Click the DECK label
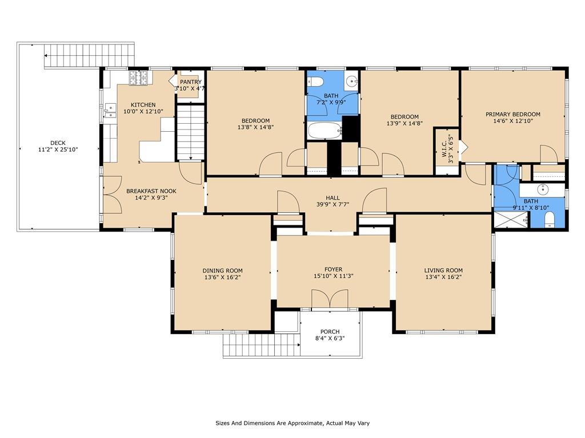58,143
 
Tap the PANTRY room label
191,82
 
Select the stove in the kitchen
139,78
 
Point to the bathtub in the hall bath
324,131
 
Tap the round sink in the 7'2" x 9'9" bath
351,80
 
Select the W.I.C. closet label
444,144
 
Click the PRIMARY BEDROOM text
512,114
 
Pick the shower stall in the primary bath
511,220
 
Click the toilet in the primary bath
549,220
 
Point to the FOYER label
333,269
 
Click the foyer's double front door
330,299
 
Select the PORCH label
330,331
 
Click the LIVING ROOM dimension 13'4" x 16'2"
443,277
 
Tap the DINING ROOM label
222,271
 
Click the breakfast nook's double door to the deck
113,194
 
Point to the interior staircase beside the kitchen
190,132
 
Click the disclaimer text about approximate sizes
292,423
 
